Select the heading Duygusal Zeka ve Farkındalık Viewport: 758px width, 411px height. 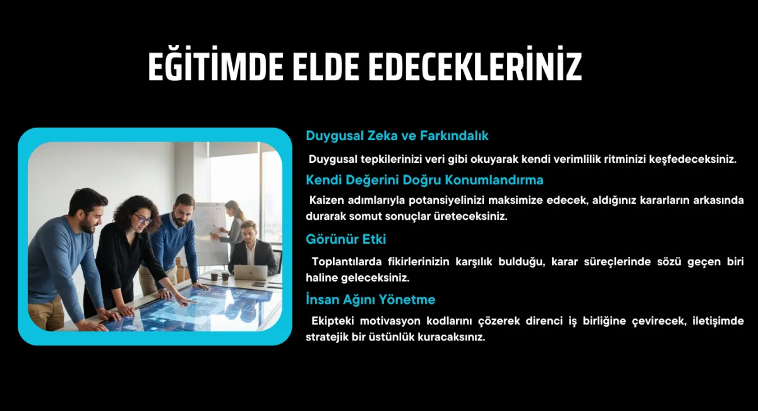click(x=397, y=136)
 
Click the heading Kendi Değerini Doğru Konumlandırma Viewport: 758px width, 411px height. click(x=424, y=180)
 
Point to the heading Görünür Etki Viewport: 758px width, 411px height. click(x=346, y=239)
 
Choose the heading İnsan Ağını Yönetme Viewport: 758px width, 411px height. click(x=370, y=299)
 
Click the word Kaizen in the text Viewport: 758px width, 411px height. click(x=326, y=200)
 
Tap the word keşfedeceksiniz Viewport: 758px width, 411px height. click(x=693, y=159)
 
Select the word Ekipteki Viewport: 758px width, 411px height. click(x=332, y=321)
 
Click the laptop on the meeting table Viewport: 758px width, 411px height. click(x=251, y=272)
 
